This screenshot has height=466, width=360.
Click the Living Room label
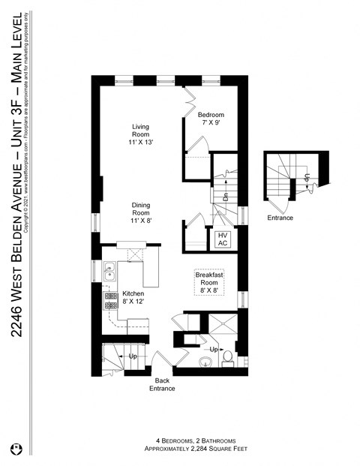tap(142, 134)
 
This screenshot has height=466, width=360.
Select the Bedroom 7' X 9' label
tap(211, 119)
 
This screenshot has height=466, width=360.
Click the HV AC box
tap(223, 239)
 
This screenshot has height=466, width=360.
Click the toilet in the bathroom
tap(228, 364)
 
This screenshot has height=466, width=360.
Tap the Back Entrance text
tap(162, 384)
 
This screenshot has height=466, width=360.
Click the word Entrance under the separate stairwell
tap(280, 218)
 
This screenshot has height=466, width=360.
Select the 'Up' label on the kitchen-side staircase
tap(132, 356)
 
